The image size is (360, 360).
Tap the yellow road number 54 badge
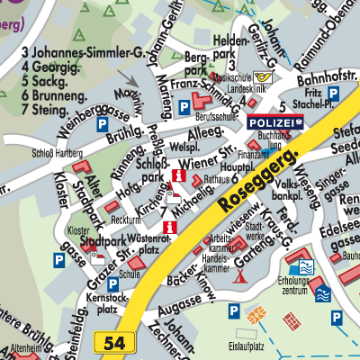113,342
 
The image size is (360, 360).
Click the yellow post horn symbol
261,78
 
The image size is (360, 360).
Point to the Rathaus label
217,179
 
